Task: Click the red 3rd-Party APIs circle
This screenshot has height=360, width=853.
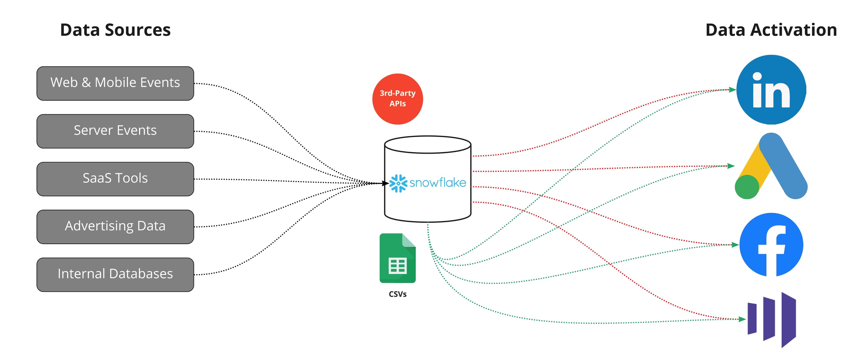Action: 397,99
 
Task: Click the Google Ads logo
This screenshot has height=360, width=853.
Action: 771,166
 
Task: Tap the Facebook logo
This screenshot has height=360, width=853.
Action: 771,245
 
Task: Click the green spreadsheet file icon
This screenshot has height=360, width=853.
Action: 397,258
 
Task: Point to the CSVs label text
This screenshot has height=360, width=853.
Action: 397,294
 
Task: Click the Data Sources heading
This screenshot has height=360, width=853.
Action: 115,30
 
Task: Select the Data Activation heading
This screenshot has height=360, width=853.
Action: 771,30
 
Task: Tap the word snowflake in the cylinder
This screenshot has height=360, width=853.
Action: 438,182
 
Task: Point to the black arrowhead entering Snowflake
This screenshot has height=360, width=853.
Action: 385,183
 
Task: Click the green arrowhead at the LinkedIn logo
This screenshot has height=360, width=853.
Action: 732,89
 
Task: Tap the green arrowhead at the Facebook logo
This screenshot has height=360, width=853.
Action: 735,245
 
